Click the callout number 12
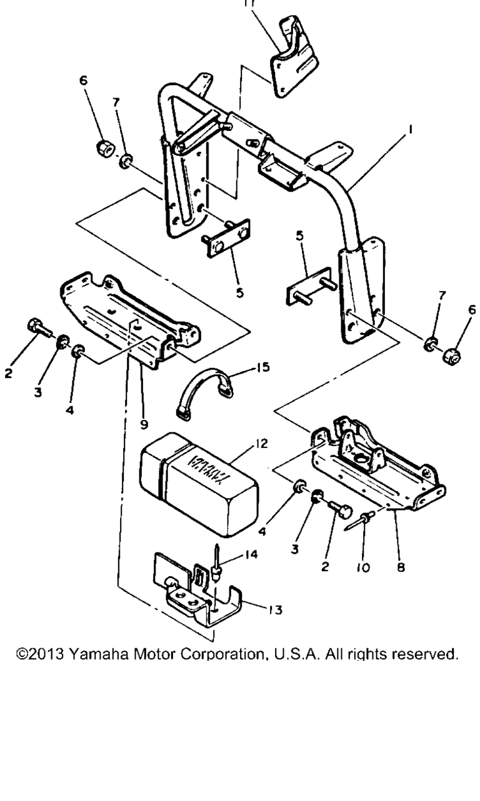261,444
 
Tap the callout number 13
276,610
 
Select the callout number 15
263,367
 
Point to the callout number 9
144,424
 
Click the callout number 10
363,568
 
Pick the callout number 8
401,567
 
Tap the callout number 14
251,554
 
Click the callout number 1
411,129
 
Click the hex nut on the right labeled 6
452,356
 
